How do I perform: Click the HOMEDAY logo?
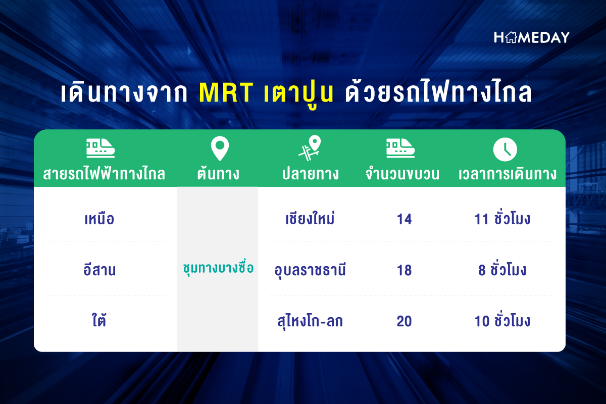click(532, 37)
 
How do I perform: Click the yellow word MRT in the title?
click(226, 92)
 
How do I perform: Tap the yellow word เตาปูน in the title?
click(298, 93)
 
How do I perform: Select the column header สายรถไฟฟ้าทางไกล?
click(104, 173)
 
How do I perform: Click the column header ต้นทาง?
click(218, 173)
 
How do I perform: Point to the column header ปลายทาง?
click(310, 173)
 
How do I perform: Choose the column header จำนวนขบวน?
click(402, 174)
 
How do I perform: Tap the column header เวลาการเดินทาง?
click(508, 174)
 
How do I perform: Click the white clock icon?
click(505, 149)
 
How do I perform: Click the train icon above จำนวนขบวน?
click(400, 148)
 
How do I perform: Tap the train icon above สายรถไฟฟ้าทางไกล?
click(100, 148)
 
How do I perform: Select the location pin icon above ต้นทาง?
click(220, 148)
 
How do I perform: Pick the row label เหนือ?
click(99, 219)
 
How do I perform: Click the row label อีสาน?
click(99, 270)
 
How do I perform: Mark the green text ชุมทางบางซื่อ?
click(218, 268)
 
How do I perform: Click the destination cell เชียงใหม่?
click(310, 218)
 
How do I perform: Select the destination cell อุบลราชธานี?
click(310, 270)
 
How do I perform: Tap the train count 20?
click(404, 321)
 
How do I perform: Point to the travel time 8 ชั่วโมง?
click(502, 270)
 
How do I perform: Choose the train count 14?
click(404, 219)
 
